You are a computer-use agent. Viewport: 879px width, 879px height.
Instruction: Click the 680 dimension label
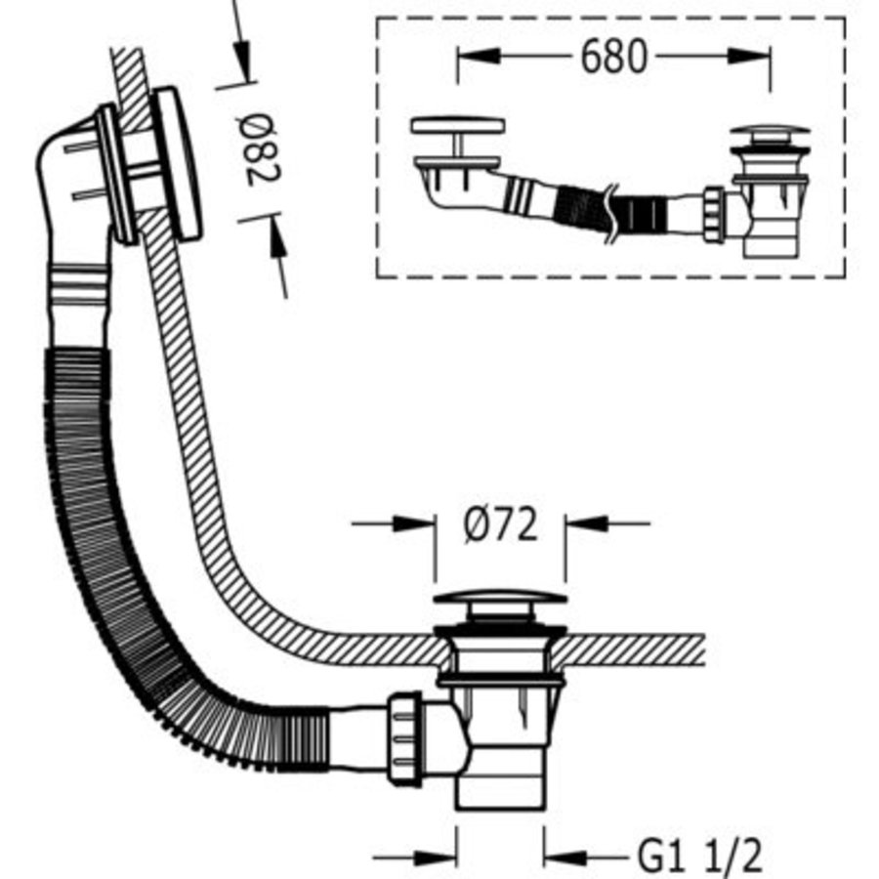613,58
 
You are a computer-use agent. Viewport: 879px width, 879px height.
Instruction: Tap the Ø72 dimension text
500,526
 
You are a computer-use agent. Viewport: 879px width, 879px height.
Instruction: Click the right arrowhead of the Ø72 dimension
577,524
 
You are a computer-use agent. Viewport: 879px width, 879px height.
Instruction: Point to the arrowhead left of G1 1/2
445,858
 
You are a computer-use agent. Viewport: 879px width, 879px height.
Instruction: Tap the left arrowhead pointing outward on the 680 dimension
469,58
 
